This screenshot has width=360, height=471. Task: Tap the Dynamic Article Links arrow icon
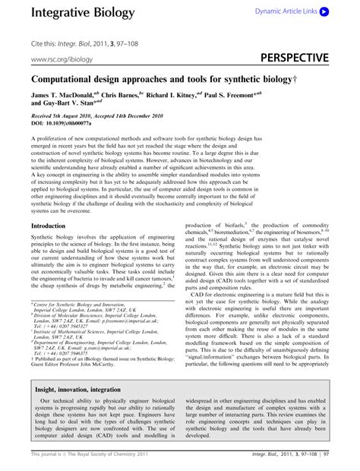(324, 12)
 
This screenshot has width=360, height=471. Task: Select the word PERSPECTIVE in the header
(295, 58)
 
